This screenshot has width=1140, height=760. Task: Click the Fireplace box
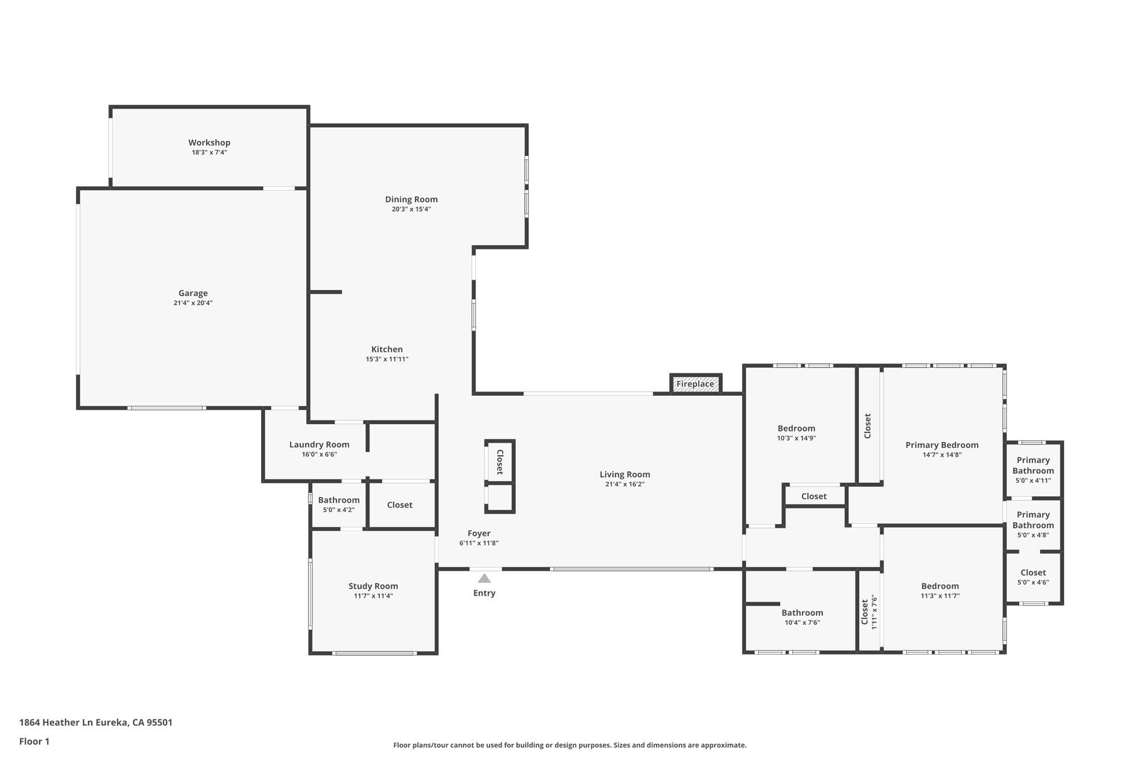coord(695,384)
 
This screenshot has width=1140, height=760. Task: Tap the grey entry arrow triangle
coord(484,578)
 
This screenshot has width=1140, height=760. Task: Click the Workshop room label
coord(209,143)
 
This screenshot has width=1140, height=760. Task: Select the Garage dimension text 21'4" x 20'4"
coord(193,303)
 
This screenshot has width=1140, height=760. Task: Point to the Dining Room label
coord(412,199)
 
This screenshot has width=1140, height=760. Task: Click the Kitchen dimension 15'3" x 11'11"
coord(387,359)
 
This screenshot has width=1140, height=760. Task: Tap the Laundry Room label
coord(319,445)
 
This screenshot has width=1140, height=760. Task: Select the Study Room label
coord(373,586)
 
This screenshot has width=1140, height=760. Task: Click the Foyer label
coord(479,534)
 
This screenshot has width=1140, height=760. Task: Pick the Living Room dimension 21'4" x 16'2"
coord(625,484)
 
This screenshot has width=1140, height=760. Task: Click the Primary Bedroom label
coord(942,445)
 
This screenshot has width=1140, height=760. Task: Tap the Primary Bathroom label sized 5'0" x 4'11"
coord(1033,465)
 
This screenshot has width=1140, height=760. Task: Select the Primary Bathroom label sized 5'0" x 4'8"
coord(1033,520)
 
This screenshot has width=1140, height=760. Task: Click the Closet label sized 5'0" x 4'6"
coord(1033,572)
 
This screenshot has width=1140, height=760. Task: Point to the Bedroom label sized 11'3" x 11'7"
coord(940,586)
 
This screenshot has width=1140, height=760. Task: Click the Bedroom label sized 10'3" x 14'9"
coord(796,429)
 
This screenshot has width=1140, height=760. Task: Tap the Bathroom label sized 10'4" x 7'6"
coord(802,613)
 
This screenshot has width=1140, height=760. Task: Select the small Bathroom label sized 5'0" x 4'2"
coord(339,500)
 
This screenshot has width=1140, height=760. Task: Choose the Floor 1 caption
coord(34,741)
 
